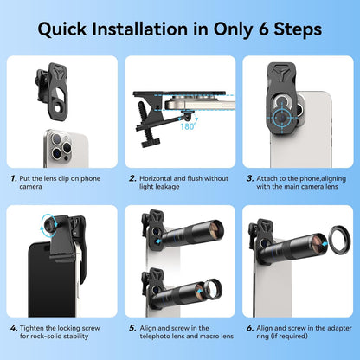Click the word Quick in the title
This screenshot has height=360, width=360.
[x=67, y=28]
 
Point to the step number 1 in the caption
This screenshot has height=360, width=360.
[x=14, y=177]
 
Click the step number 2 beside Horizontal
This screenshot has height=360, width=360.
[x=132, y=177]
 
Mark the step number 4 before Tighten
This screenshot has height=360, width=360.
[x=14, y=328]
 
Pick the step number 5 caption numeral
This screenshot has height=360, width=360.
[x=132, y=328]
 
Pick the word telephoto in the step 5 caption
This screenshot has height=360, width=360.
[x=159, y=338]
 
